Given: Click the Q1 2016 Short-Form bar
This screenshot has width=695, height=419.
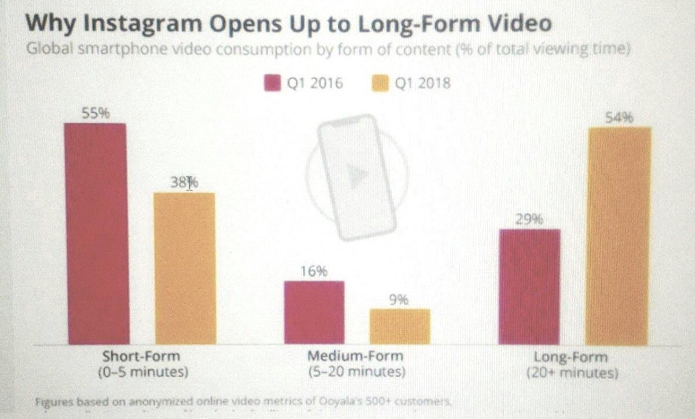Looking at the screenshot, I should click(96, 234).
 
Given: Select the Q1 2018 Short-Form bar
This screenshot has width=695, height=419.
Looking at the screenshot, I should click(184, 269).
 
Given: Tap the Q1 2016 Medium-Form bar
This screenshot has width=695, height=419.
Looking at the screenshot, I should click(314, 313).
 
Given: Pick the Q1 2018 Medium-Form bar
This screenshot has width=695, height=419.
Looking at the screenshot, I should click(400, 326).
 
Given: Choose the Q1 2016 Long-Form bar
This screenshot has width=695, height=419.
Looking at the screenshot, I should click(529, 287).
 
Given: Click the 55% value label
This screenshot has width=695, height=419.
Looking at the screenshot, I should click(95, 114).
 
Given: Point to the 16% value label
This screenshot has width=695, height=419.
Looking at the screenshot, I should click(314, 271).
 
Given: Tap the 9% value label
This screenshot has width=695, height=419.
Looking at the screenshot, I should click(399, 300).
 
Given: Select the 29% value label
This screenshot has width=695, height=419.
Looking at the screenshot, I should click(529, 220).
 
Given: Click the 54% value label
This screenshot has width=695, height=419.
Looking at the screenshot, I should click(619, 118).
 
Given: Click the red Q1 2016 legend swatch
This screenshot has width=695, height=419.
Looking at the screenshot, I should click(272, 83).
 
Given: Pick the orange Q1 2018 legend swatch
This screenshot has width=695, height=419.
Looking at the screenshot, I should click(380, 83).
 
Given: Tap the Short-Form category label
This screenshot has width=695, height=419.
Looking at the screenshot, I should click(141, 356).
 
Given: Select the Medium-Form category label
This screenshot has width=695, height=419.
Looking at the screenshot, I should click(355, 356).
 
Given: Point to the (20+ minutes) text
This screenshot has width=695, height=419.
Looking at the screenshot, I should click(572, 373).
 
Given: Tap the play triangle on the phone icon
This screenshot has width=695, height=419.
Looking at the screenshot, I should click(357, 176).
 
